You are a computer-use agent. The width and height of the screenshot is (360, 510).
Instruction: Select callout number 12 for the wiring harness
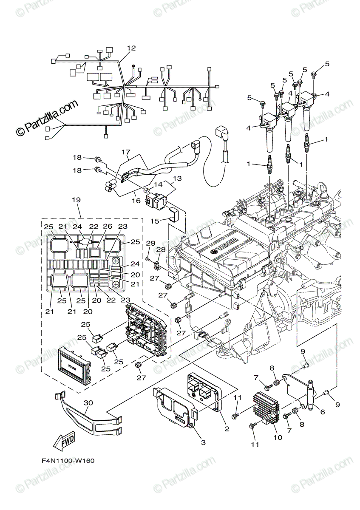click(x=131, y=48)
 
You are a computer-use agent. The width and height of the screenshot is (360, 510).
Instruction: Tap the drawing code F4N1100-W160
click(x=68, y=460)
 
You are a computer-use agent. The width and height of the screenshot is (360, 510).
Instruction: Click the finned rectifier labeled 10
click(x=265, y=408)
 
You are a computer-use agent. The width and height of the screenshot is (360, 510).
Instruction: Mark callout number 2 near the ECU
click(x=227, y=429)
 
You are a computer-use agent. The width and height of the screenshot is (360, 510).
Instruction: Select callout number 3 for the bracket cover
click(x=203, y=442)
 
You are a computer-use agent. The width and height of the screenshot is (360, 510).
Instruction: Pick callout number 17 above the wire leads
click(x=125, y=152)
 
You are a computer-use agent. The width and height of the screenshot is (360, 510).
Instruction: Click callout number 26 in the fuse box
click(x=108, y=227)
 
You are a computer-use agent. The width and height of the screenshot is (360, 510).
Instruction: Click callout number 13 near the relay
click(x=177, y=178)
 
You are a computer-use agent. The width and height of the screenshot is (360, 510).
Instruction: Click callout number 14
click(x=158, y=184)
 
